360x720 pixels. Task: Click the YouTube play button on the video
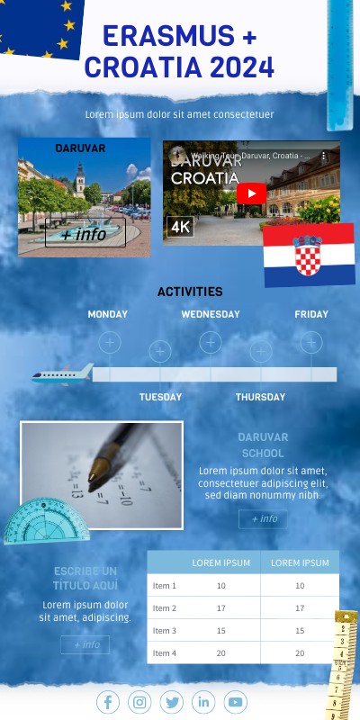pyautogui.click(x=252, y=193)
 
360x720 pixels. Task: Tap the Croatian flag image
pyautogui.click(x=309, y=254)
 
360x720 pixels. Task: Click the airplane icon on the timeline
pyautogui.click(x=62, y=373)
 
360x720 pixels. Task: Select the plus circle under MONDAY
pyautogui.click(x=109, y=343)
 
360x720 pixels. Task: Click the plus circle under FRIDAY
pyautogui.click(x=310, y=343)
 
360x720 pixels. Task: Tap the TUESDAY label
pyautogui.click(x=160, y=397)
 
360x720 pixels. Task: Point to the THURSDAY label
pyautogui.click(x=260, y=397)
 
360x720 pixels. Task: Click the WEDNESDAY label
pyautogui.click(x=211, y=315)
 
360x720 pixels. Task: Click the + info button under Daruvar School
pyautogui.click(x=264, y=519)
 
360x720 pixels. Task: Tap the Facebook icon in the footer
pyautogui.click(x=107, y=702)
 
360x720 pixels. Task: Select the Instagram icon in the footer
pyautogui.click(x=139, y=702)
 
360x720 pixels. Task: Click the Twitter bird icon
pyautogui.click(x=172, y=702)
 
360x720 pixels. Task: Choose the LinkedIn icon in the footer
pyautogui.click(x=203, y=702)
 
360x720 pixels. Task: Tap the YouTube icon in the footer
pyautogui.click(x=235, y=702)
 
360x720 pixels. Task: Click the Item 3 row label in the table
pyautogui.click(x=165, y=631)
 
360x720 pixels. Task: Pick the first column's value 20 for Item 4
pyautogui.click(x=220, y=653)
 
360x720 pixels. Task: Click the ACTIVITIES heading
pyautogui.click(x=190, y=292)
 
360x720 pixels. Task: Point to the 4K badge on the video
pyautogui.click(x=180, y=227)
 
